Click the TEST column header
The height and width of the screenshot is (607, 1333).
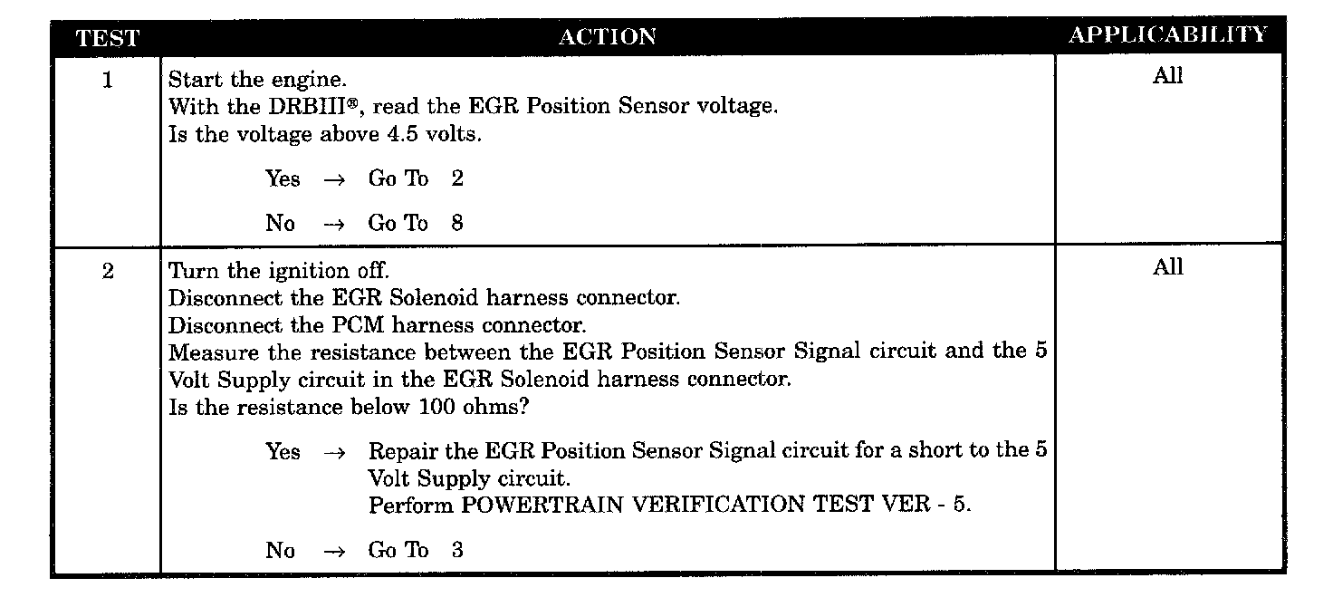pos(108,38)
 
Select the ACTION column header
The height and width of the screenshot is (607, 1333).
pos(608,37)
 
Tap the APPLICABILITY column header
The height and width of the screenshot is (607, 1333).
pos(1168,35)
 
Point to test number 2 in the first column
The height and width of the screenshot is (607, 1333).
pos(108,272)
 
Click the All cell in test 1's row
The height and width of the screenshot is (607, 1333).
pos(1167,76)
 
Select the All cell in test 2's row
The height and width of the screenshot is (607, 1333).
pos(1167,267)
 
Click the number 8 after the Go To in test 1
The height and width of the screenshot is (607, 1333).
pos(457,223)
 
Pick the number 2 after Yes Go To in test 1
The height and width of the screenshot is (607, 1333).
pos(457,178)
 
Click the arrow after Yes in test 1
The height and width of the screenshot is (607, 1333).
pos(333,179)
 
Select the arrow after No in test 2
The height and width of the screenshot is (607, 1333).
pos(333,550)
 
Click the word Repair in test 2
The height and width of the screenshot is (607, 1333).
pos(399,451)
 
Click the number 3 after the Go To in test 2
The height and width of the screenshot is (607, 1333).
pos(457,549)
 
